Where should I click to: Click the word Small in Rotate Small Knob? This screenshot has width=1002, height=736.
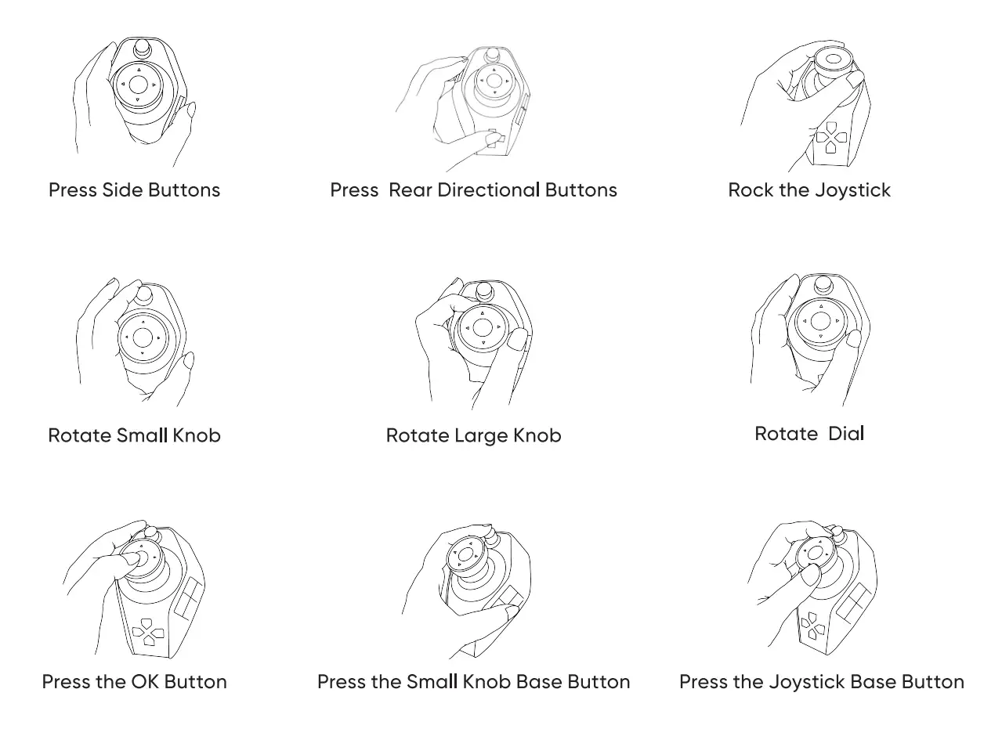pyautogui.click(x=143, y=435)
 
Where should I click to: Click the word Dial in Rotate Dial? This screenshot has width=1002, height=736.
pyautogui.click(x=846, y=434)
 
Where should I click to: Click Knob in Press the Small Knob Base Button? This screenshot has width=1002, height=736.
pyautogui.click(x=487, y=682)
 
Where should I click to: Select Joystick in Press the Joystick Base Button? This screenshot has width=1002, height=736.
pyautogui.click(x=807, y=683)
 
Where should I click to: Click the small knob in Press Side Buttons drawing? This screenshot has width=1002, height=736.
pyautogui.click(x=143, y=49)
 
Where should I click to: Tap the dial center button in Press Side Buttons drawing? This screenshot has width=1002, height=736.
pyautogui.click(x=138, y=85)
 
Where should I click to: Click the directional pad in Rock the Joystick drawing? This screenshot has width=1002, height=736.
pyautogui.click(x=831, y=137)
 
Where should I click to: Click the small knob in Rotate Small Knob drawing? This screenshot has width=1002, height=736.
pyautogui.click(x=144, y=295)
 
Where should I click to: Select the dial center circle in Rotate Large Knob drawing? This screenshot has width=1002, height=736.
pyautogui.click(x=483, y=328)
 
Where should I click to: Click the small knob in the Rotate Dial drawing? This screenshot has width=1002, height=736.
pyautogui.click(x=823, y=285)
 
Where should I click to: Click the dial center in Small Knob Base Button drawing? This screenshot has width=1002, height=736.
pyautogui.click(x=465, y=554)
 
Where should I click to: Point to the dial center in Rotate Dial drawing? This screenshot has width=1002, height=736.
pyautogui.click(x=820, y=320)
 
